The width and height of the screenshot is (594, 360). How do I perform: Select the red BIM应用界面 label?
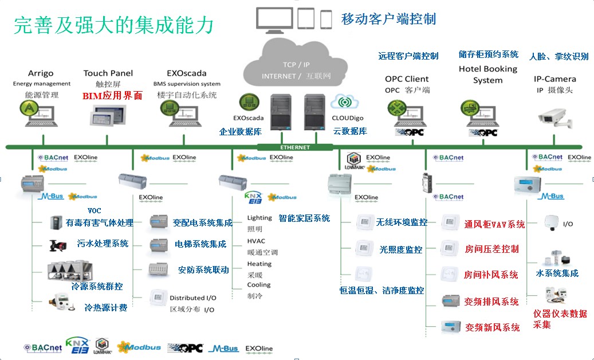(112, 96)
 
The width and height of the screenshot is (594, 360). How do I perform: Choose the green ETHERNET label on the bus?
(296, 147)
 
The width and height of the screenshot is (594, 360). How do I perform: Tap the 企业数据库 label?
(240, 131)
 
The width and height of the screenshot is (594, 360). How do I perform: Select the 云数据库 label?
(350, 131)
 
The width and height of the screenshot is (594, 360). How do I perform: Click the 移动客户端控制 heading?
(388, 19)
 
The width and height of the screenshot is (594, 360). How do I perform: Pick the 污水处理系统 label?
(103, 244)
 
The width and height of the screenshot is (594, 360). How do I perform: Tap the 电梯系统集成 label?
(200, 244)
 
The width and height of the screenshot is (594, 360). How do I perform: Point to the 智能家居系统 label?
(304, 218)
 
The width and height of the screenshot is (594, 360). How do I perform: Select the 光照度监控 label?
(400, 249)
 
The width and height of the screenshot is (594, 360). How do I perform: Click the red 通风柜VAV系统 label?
(494, 224)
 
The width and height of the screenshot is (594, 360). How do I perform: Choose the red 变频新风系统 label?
(492, 327)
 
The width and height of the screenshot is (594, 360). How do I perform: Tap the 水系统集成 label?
(557, 273)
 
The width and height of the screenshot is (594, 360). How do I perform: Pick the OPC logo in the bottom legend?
(185, 348)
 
